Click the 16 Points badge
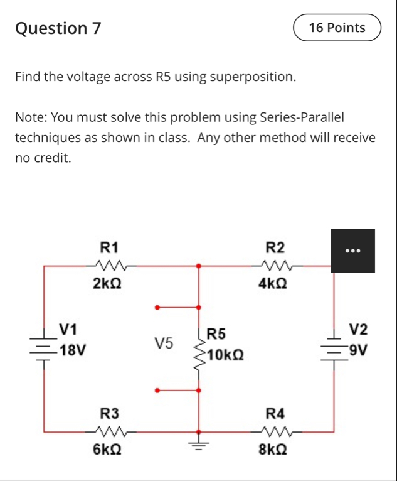337,28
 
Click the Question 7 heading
58,28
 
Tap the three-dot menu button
352,251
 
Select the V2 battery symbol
333,347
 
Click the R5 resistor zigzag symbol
199,355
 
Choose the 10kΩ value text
225,357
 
